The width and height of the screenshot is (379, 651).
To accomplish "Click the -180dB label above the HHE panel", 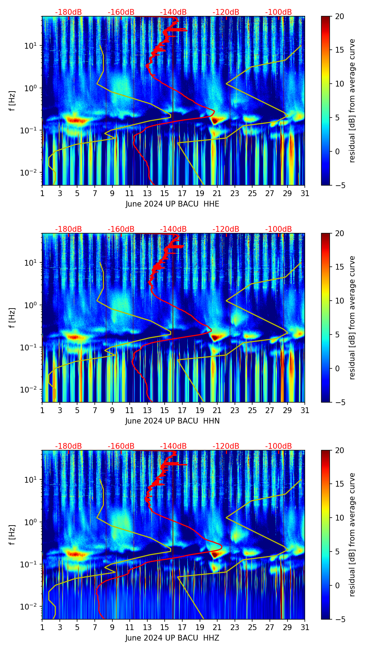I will [68, 13].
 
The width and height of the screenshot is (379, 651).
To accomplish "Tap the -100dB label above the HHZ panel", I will [278, 447].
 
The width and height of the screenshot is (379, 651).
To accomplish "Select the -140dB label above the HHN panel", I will [173, 230].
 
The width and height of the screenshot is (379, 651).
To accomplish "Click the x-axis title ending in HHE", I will [172, 204].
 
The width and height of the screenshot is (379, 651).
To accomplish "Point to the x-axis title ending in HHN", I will [172, 421].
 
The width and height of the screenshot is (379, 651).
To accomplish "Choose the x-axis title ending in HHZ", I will [172, 638].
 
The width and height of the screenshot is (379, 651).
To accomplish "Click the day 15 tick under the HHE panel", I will [165, 194].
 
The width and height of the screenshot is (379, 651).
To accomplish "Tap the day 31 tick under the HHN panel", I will [305, 411].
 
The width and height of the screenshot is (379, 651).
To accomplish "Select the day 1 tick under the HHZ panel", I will [42, 628].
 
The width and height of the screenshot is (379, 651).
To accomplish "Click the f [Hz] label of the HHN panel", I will [12, 318].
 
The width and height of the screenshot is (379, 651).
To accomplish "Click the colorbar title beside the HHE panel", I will [352, 101].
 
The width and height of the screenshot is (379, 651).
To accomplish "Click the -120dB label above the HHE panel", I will [226, 13].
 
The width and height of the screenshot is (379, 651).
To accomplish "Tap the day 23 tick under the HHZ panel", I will [235, 628].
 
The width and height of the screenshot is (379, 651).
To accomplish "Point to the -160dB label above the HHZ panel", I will [121, 447].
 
